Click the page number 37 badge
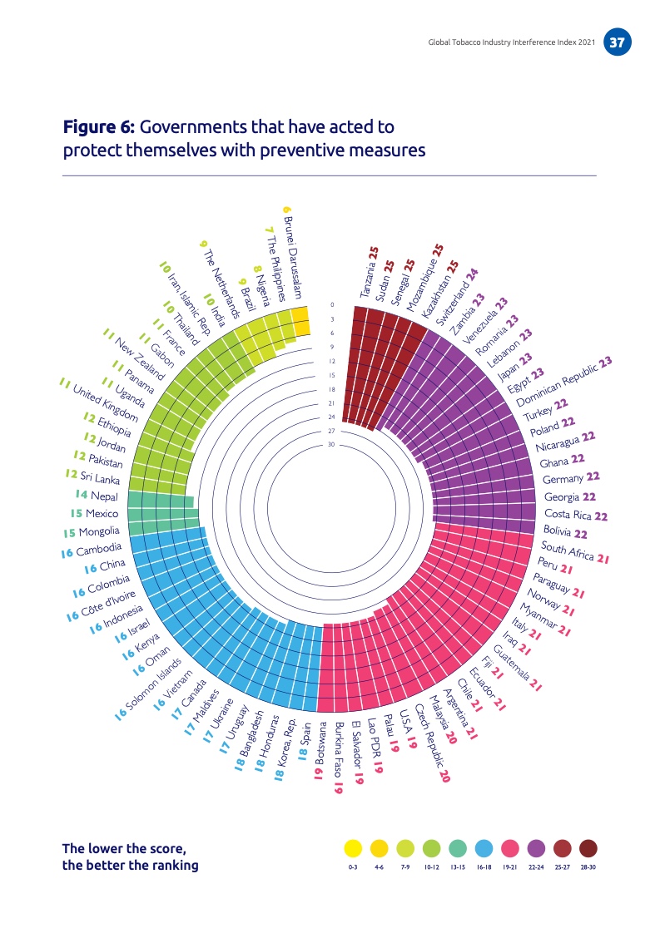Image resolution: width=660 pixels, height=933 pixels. pyautogui.click(x=617, y=42)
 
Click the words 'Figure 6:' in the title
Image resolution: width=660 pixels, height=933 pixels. pyautogui.click(x=99, y=128)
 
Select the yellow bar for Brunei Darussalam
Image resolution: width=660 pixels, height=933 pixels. pyautogui.click(x=300, y=318)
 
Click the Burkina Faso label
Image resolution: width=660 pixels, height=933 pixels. pyautogui.click(x=337, y=759)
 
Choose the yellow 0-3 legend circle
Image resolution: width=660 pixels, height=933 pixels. pyautogui.click(x=353, y=848)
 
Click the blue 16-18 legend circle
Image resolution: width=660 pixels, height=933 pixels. pyautogui.click(x=484, y=848)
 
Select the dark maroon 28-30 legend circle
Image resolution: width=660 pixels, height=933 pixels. pyautogui.click(x=588, y=848)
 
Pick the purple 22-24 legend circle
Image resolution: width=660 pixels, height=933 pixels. pyautogui.click(x=537, y=848)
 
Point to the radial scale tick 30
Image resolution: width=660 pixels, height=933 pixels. pyautogui.click(x=330, y=445)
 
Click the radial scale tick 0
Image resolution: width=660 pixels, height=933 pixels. pyautogui.click(x=331, y=305)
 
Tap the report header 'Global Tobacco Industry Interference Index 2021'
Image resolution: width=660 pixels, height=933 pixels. pyautogui.click(x=509, y=42)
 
